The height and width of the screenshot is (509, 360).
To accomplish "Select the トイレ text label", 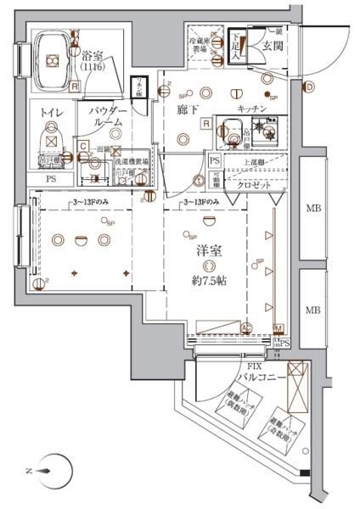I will coord(44,110).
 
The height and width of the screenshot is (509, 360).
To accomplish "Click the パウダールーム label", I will coord(106,117).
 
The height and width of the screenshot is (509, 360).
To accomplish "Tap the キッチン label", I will coord(253,109).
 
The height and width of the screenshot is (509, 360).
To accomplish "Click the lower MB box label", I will coord(312,309).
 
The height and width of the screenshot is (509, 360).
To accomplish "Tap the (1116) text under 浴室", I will coord(93,65).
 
